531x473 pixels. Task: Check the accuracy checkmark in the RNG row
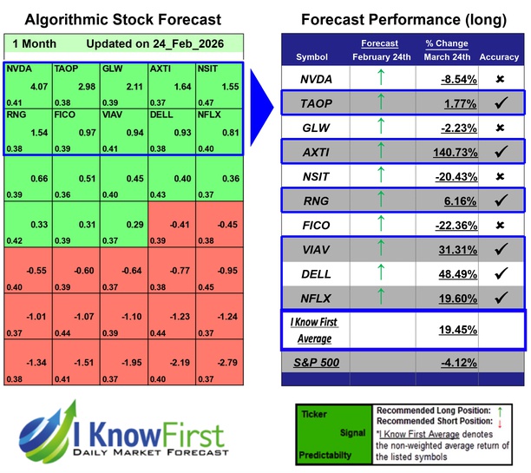pyautogui.click(x=501, y=199)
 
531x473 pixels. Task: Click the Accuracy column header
pyautogui.click(x=501, y=56)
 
